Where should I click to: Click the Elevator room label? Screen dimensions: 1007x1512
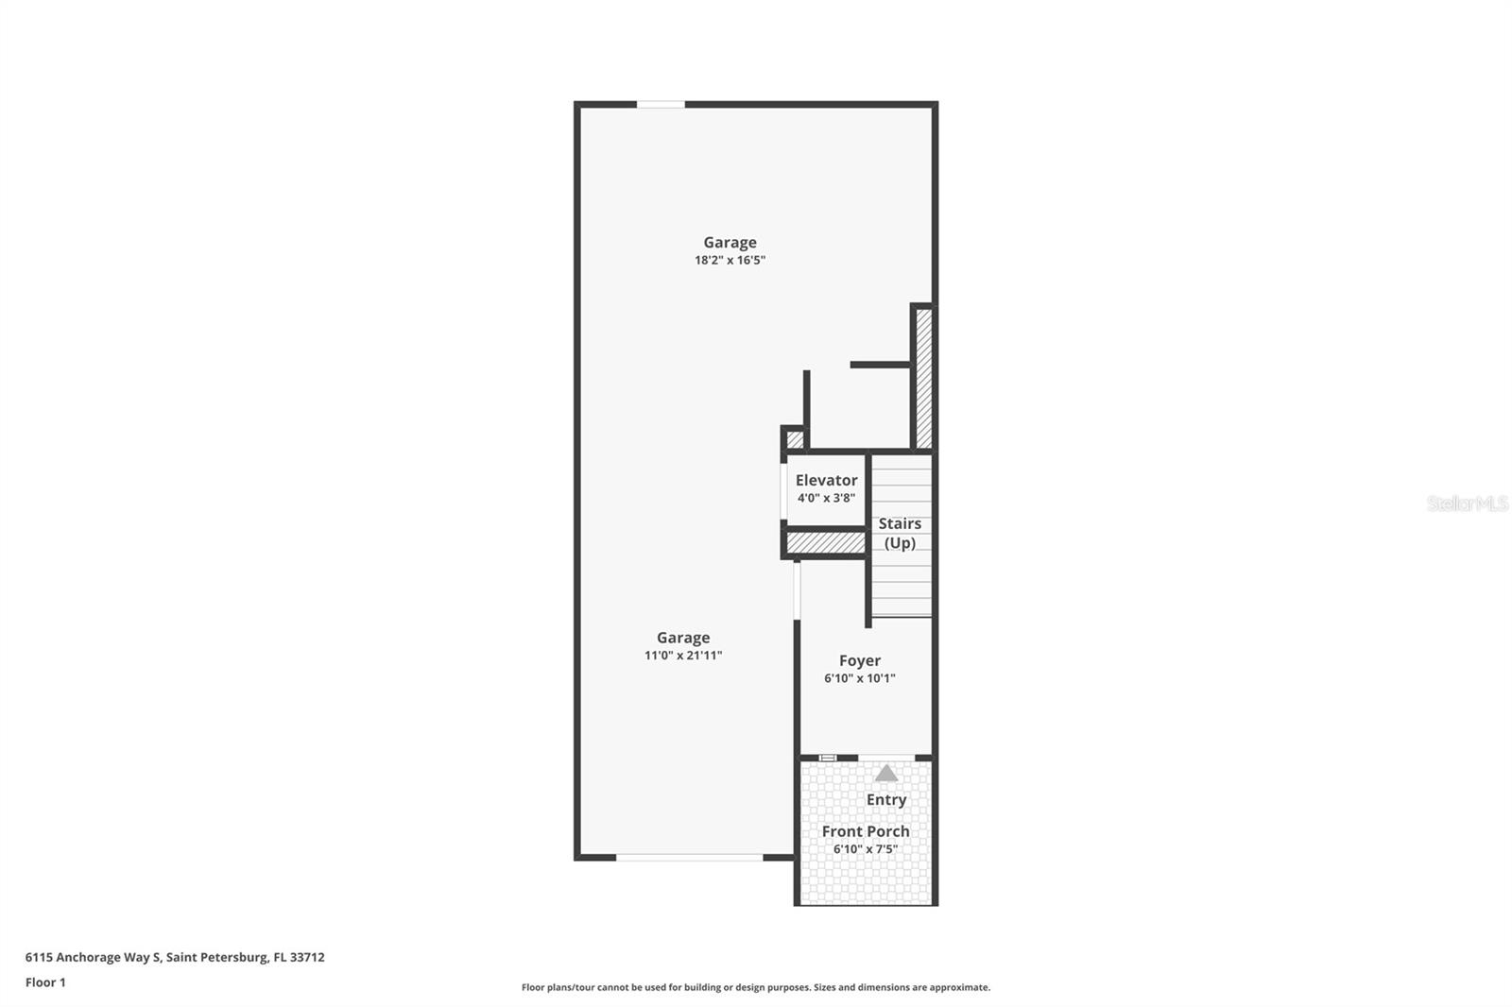826,480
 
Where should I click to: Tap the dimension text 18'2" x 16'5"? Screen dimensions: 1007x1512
730,260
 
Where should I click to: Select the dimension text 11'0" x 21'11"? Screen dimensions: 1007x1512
683,656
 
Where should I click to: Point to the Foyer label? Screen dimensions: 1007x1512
859,660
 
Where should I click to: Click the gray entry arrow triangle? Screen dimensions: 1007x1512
885,774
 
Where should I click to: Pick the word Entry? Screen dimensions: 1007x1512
886,799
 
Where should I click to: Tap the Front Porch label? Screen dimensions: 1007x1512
865,831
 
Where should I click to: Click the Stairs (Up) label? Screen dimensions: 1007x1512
900,533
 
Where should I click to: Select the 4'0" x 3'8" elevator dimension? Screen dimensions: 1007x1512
826,498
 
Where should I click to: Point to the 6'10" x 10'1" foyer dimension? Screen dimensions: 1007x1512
859,678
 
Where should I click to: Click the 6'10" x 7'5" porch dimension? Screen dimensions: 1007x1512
865,849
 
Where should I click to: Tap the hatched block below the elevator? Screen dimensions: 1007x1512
825,543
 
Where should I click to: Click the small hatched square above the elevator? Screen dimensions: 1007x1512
795,439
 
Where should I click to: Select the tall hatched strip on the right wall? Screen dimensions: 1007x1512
923,378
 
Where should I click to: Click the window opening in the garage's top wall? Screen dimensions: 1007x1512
661,104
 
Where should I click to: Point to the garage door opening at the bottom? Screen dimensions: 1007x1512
689,857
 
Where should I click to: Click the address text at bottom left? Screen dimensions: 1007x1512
175,957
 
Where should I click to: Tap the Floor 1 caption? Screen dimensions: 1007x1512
45,982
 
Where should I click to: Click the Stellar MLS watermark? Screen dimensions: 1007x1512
1467,503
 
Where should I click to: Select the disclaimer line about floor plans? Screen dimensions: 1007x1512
756,987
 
